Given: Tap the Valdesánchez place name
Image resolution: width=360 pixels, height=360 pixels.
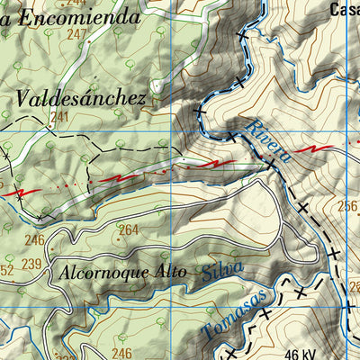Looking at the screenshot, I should [80, 98].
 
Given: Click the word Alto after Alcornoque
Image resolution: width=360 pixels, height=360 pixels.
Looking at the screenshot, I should [166, 271].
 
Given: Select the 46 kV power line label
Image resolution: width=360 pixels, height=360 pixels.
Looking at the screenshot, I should [305, 354].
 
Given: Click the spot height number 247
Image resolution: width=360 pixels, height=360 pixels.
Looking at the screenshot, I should [76, 34].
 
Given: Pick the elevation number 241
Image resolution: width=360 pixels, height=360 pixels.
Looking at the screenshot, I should [59, 117].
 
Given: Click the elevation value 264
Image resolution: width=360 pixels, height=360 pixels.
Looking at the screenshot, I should [129, 230].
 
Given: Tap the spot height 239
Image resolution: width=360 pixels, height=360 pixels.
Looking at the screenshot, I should [31, 264].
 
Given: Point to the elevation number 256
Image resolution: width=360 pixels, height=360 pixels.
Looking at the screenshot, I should [347, 206].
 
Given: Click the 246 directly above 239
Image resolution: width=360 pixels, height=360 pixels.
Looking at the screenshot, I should [34, 239].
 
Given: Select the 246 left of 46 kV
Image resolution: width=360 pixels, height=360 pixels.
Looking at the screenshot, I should [121, 353].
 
